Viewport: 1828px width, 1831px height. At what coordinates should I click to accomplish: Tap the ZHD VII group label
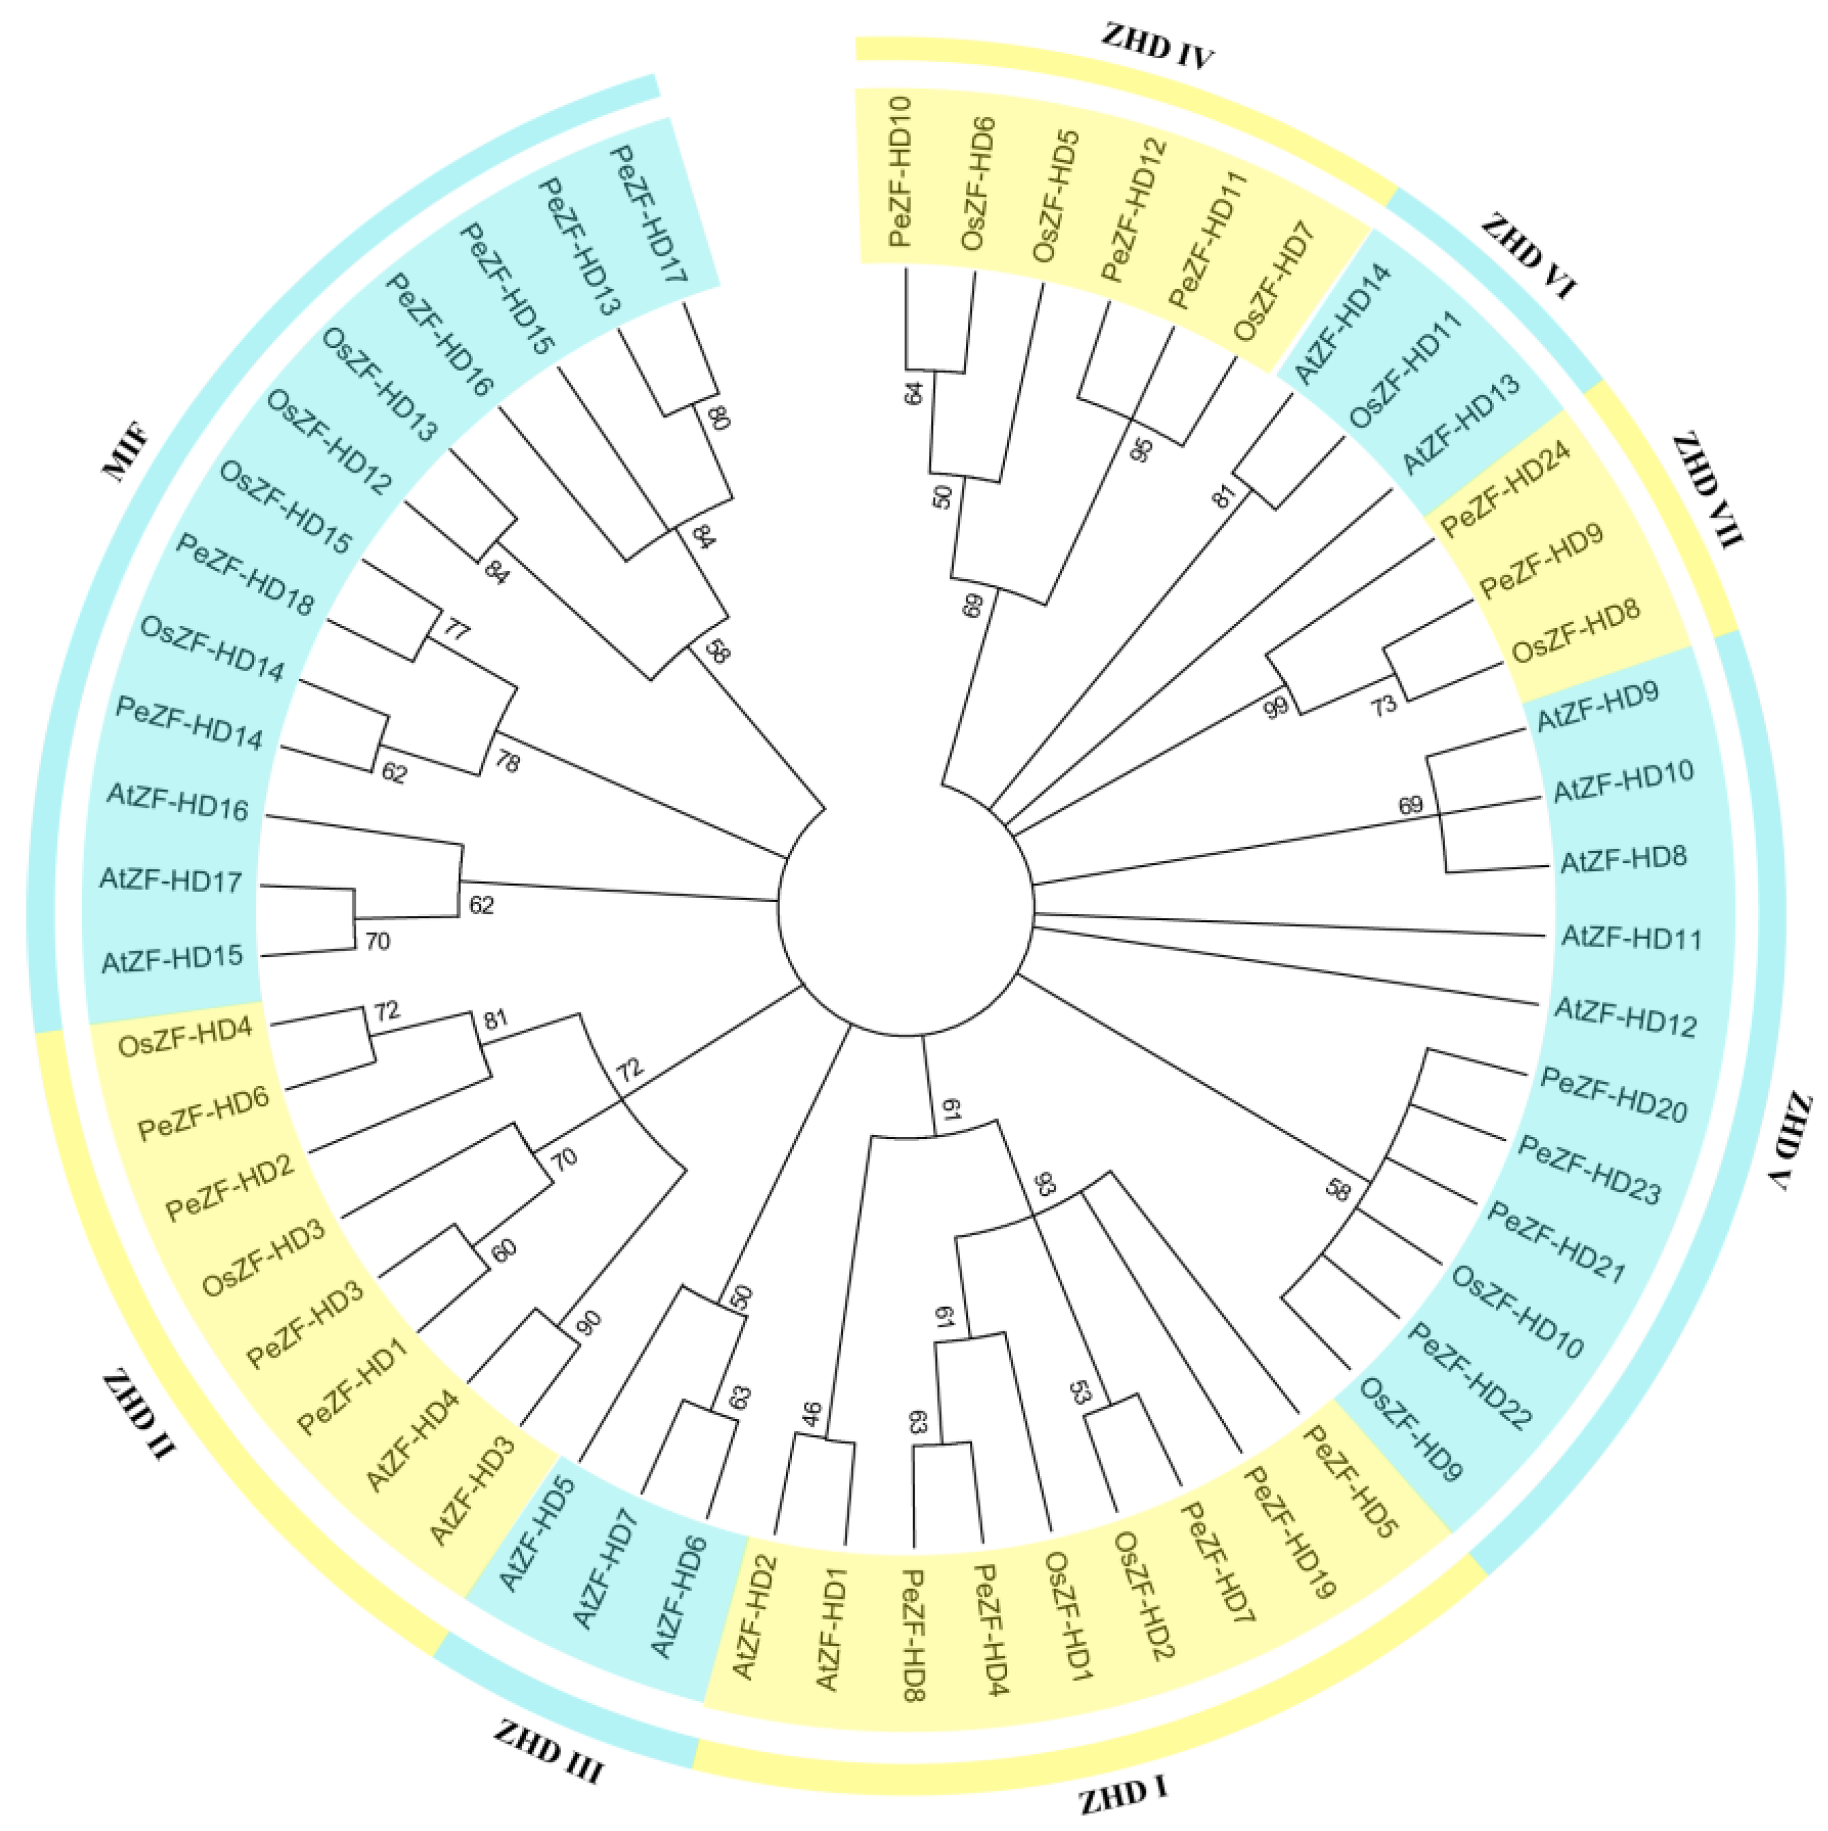tap(1707, 490)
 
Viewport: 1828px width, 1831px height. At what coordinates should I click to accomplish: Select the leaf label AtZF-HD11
tap(1631, 938)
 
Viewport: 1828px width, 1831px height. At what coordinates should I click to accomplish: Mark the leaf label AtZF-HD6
tap(678, 1597)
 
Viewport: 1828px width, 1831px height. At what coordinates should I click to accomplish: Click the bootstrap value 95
tap(1142, 450)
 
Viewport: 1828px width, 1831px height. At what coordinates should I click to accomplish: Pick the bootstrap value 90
tap(588, 1322)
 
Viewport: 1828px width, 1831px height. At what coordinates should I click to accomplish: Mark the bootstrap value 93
tap(1044, 1185)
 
